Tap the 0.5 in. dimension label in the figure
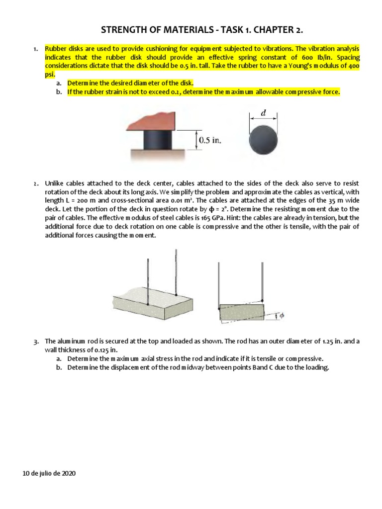click(209, 140)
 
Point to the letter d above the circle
click(263, 113)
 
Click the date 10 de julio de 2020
click(49, 474)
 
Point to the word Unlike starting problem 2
click(55, 184)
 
